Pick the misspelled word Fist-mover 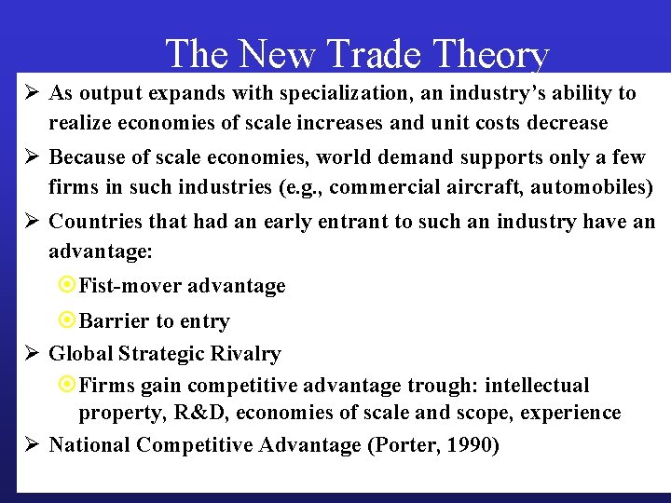130,286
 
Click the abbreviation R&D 192,413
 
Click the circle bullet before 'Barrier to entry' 67,321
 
